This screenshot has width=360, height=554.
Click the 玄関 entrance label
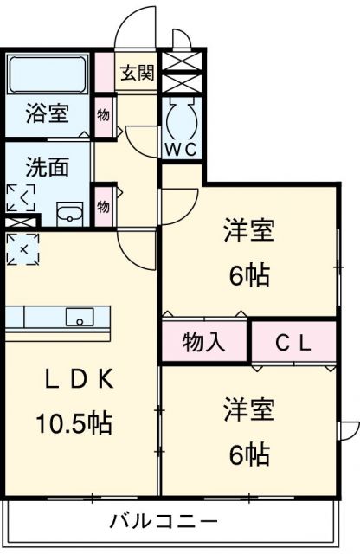click(x=137, y=73)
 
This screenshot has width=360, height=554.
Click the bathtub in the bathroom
click(x=47, y=76)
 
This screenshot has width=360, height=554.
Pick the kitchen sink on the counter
click(x=80, y=318)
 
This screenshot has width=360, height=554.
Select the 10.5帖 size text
click(x=74, y=424)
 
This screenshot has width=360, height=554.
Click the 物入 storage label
click(x=204, y=343)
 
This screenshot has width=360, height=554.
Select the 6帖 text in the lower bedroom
click(x=249, y=453)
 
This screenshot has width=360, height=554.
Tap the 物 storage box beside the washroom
click(x=104, y=206)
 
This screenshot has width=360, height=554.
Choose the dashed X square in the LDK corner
click(x=22, y=249)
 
